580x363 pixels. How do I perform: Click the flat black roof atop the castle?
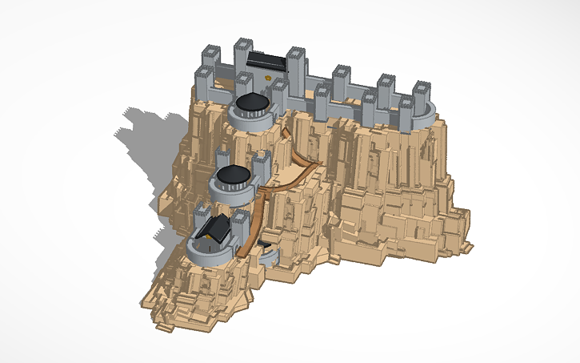coord(267,59)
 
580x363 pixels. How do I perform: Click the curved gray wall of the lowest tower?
coord(204,256)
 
